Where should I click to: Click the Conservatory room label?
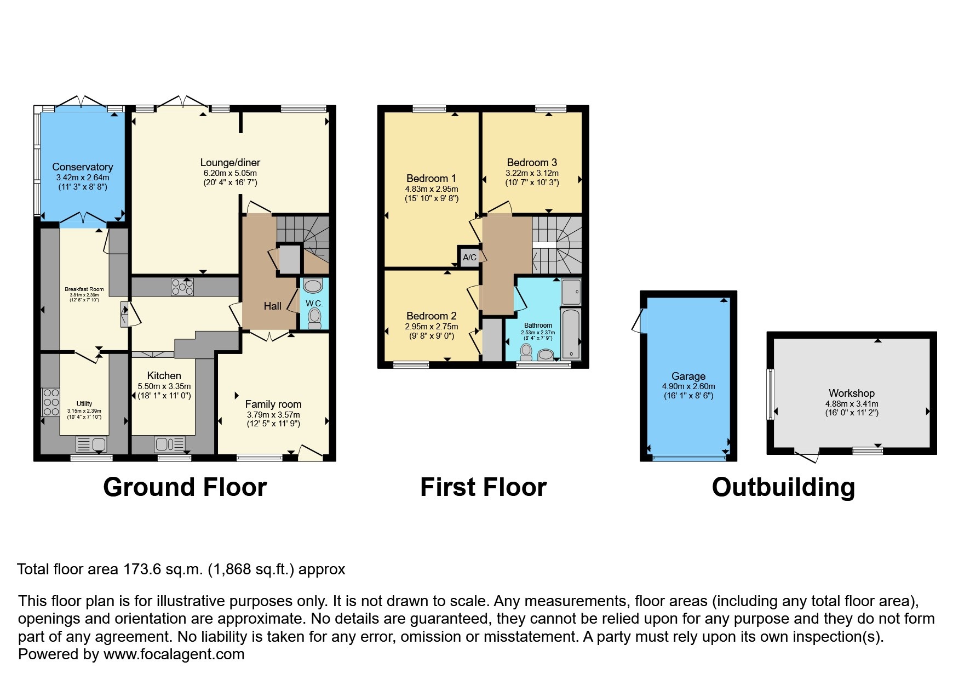tap(82, 167)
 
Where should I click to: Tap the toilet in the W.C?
tap(314, 318)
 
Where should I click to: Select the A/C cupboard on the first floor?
tap(469, 257)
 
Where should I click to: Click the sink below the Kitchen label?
tap(170, 443)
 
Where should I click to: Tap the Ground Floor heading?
tap(185, 487)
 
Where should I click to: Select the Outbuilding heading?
tap(783, 487)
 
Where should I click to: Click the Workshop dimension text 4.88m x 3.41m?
tap(851, 404)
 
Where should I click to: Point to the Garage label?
tap(688, 376)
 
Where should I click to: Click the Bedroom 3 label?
tap(531, 162)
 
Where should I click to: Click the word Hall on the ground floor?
tap(272, 306)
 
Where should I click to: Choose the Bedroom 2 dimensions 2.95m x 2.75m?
tap(431, 327)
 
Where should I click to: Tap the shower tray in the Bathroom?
tap(571, 292)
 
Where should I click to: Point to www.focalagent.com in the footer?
tap(174, 654)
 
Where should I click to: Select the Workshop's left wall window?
tap(770, 393)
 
